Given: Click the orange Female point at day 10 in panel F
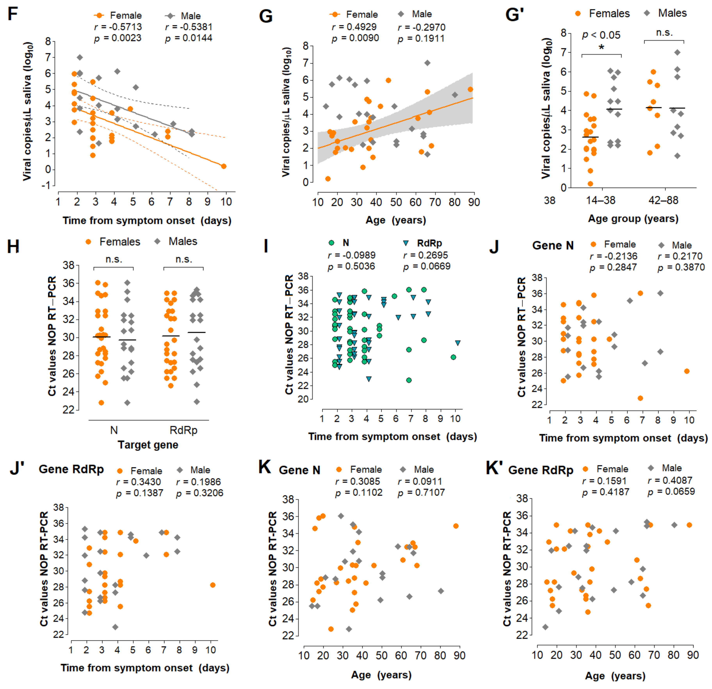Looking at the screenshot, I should [224, 166].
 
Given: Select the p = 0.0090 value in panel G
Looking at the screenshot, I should [355, 38].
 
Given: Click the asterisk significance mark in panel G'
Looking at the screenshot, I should [602, 47].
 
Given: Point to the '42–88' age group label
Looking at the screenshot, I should [663, 200].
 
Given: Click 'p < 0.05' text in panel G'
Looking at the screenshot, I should [601, 35].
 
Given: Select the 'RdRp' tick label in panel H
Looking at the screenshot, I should [183, 430].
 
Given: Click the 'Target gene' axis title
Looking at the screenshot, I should [148, 445].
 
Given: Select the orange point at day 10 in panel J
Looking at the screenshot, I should [687, 371].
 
